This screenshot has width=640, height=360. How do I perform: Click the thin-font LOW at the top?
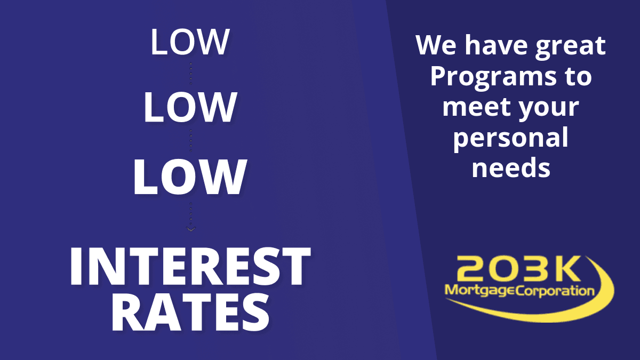click(190, 42)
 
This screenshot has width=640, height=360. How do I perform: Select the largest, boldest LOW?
click(190, 177)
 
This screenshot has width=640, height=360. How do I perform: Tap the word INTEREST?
click(190, 266)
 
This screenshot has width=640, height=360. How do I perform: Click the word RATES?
click(190, 313)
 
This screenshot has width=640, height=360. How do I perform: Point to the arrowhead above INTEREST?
click(191, 229)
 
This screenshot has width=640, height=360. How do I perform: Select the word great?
click(571, 47)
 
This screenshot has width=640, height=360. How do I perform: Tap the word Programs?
click(493, 78)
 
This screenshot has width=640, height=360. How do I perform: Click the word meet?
click(476, 107)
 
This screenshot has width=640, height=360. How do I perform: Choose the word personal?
click(511, 139)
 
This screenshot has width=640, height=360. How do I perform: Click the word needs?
click(511, 168)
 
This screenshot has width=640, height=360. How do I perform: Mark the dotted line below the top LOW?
click(191, 74)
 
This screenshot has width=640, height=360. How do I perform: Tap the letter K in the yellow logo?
click(565, 268)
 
